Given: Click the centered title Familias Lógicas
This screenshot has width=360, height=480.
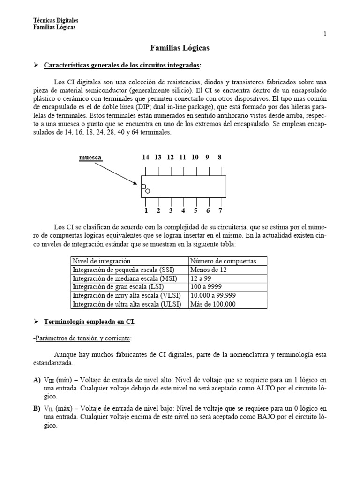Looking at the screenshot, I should pos(180,48).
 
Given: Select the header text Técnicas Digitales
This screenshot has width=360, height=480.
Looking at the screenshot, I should pos(56,21).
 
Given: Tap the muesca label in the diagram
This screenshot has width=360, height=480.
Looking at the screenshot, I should pos(90,157).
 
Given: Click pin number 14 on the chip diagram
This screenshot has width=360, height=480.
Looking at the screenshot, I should pos(146,157).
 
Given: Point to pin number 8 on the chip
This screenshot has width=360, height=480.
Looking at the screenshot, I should pos(219,157).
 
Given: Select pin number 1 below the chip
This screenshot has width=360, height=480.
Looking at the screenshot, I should pos(146,210).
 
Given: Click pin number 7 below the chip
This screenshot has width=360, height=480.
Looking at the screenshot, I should pos(220,210).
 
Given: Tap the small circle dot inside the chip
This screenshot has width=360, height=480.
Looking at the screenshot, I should pos(148,191).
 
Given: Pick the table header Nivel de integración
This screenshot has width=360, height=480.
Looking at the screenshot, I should pos(101,261).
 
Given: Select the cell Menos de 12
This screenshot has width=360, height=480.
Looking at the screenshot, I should pos(207,270).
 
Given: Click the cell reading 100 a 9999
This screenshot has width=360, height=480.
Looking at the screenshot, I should pos(206,287).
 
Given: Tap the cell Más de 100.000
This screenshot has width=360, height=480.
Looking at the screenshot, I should pos(212,304).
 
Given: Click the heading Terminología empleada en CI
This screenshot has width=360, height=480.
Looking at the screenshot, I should pos(90,322).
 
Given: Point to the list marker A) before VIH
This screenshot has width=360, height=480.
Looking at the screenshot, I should pos(37,380).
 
